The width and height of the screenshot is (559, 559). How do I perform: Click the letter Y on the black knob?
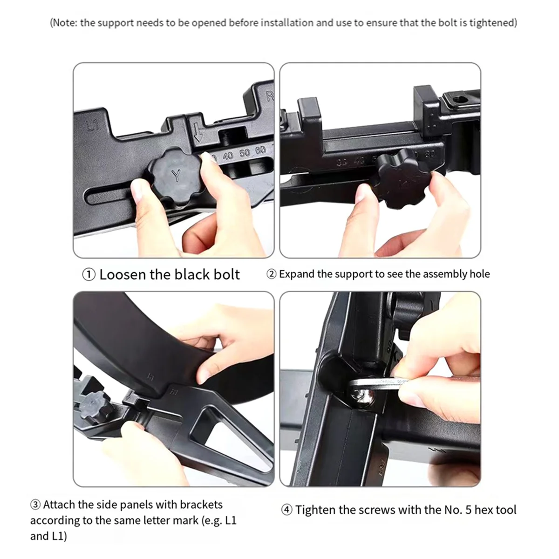[x=177, y=176]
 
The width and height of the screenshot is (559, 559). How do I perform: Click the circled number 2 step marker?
[x=271, y=274]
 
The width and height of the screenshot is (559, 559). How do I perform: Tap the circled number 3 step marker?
[x=35, y=504]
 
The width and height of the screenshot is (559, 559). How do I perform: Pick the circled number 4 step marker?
[x=287, y=510]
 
